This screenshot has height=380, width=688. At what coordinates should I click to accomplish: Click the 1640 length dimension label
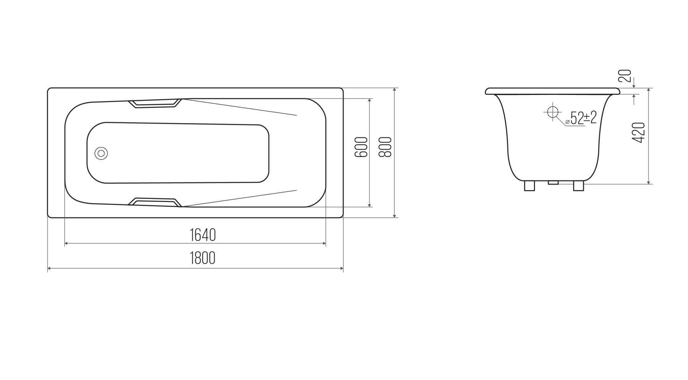point(203,235)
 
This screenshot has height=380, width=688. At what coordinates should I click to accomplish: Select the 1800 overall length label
point(203,258)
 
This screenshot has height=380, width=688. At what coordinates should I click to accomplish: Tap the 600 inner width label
point(361,147)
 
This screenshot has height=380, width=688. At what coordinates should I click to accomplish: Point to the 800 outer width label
point(385,147)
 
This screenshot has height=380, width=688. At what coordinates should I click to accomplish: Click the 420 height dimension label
point(639,132)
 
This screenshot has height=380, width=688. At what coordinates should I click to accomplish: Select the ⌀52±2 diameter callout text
point(581,118)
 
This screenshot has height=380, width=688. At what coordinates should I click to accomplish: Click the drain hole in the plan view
point(101,153)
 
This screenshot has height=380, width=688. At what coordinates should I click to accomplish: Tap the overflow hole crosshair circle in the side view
point(552,112)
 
